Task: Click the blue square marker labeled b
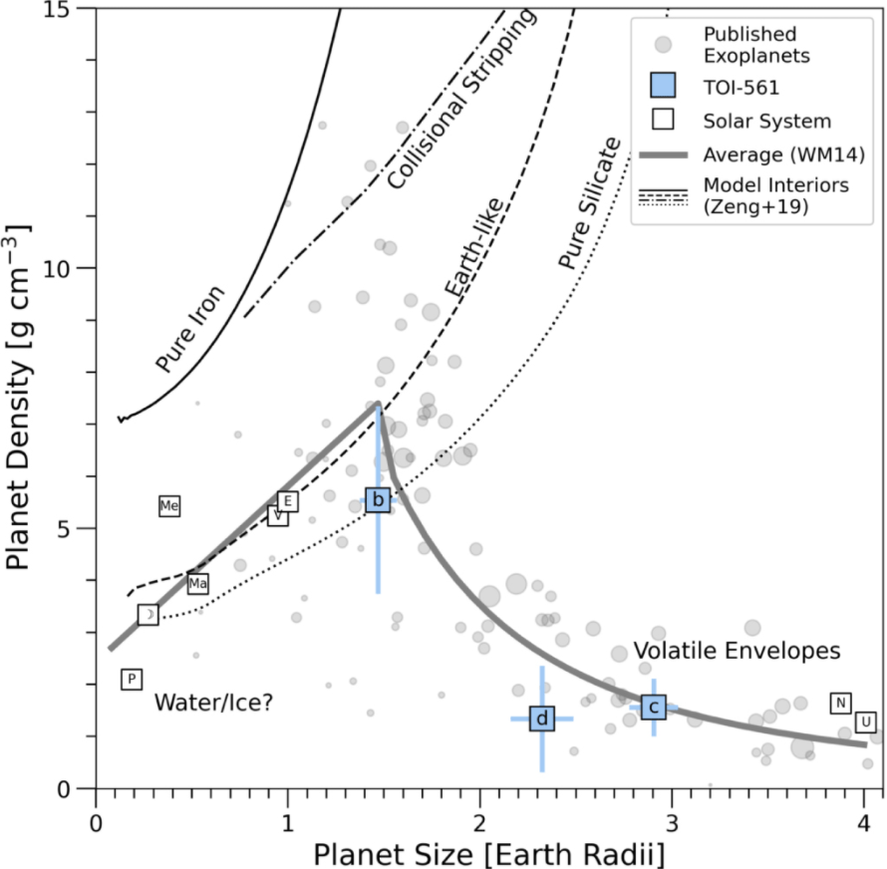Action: (378, 500)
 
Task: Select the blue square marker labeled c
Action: (654, 707)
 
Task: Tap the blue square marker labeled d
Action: (542, 719)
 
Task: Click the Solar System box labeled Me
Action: (169, 506)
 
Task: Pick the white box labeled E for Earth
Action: (287, 500)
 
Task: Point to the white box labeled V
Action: (278, 516)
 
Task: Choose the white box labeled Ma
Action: (197, 584)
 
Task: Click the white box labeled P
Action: (131, 679)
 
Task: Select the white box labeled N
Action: (840, 703)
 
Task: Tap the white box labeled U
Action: (865, 722)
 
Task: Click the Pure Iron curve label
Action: (190, 328)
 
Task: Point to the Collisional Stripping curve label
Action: (461, 100)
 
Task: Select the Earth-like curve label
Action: (474, 248)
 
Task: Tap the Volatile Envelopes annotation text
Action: (738, 651)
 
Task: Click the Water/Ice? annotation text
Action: (213, 704)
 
